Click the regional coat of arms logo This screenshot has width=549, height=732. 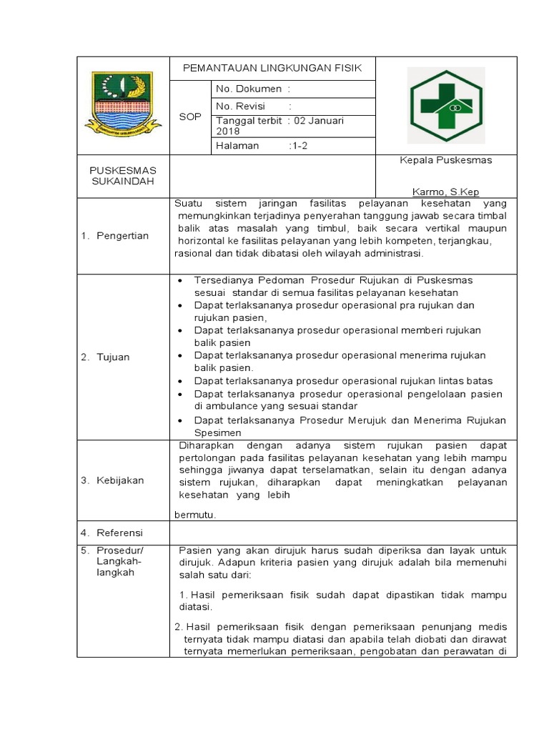pos(119,104)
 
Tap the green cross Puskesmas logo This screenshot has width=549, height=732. pos(445,105)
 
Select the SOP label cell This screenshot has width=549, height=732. pos(190,117)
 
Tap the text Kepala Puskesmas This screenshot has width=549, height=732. pos(445,160)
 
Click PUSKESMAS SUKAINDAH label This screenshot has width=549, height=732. pos(122,176)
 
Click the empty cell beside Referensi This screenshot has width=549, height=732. pos(343,533)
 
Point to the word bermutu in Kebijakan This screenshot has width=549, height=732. pos(195,514)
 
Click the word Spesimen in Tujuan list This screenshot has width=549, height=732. pos(218,432)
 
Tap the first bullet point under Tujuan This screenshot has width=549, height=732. pos(179,280)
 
